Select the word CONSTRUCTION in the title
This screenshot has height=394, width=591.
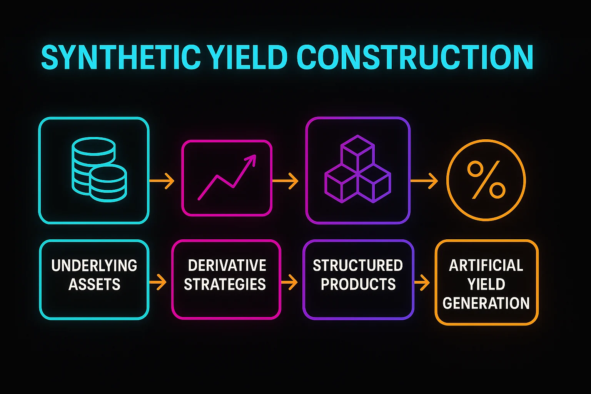pos(414,58)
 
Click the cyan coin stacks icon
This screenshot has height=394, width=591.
pos(99,170)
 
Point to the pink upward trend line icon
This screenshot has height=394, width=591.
pos(227,177)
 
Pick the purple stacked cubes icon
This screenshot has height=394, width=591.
pos(357,169)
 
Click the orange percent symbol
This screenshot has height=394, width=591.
pos(486,180)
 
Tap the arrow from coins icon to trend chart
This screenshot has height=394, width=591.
pos(162,181)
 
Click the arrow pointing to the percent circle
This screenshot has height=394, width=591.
pos(424,181)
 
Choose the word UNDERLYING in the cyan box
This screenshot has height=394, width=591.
pos(94,266)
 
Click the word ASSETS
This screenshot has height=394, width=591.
pos(94,285)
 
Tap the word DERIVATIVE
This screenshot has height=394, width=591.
pos(227,265)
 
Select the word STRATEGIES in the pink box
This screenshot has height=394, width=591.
pos(225,284)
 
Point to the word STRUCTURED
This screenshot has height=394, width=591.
pos(358,265)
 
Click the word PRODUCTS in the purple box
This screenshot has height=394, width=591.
pos(358,284)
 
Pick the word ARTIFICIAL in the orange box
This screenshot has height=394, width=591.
pos(486,265)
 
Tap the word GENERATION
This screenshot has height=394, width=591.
pos(486,303)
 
